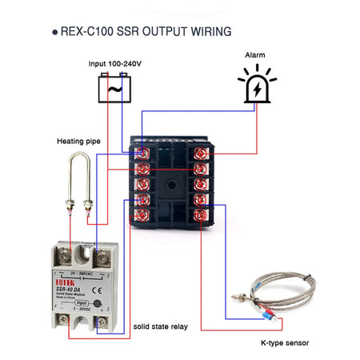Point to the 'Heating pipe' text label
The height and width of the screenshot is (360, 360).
click(x=78, y=141)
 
